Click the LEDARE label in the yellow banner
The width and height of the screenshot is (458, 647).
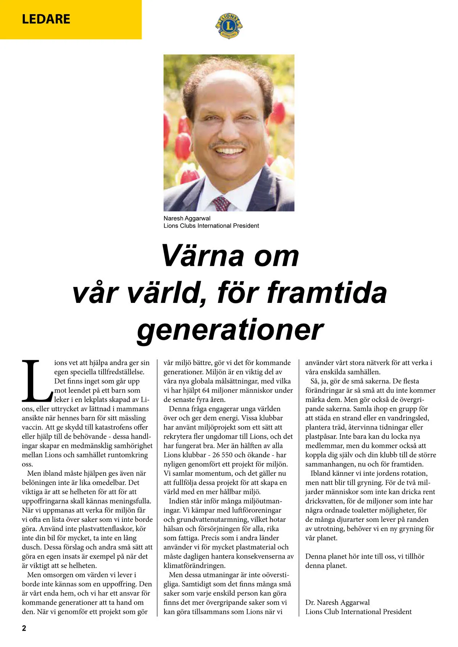click(x=46, y=19)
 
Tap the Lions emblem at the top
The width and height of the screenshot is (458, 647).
click(x=229, y=25)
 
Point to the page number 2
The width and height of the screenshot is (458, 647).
click(x=24, y=628)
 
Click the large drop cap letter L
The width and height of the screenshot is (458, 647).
click(x=36, y=380)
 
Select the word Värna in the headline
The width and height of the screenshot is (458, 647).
click(x=202, y=256)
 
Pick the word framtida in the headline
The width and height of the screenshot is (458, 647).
click(x=327, y=293)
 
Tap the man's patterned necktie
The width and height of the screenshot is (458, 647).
click(x=221, y=203)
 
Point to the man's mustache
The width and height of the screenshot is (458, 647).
click(x=228, y=144)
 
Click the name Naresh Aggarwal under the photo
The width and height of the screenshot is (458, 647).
click(x=187, y=219)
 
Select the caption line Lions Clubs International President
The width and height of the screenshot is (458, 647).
click(x=211, y=226)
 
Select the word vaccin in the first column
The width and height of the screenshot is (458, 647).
click(x=32, y=427)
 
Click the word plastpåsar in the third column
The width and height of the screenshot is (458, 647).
click(x=321, y=436)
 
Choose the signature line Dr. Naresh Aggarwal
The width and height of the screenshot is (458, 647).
click(x=337, y=602)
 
